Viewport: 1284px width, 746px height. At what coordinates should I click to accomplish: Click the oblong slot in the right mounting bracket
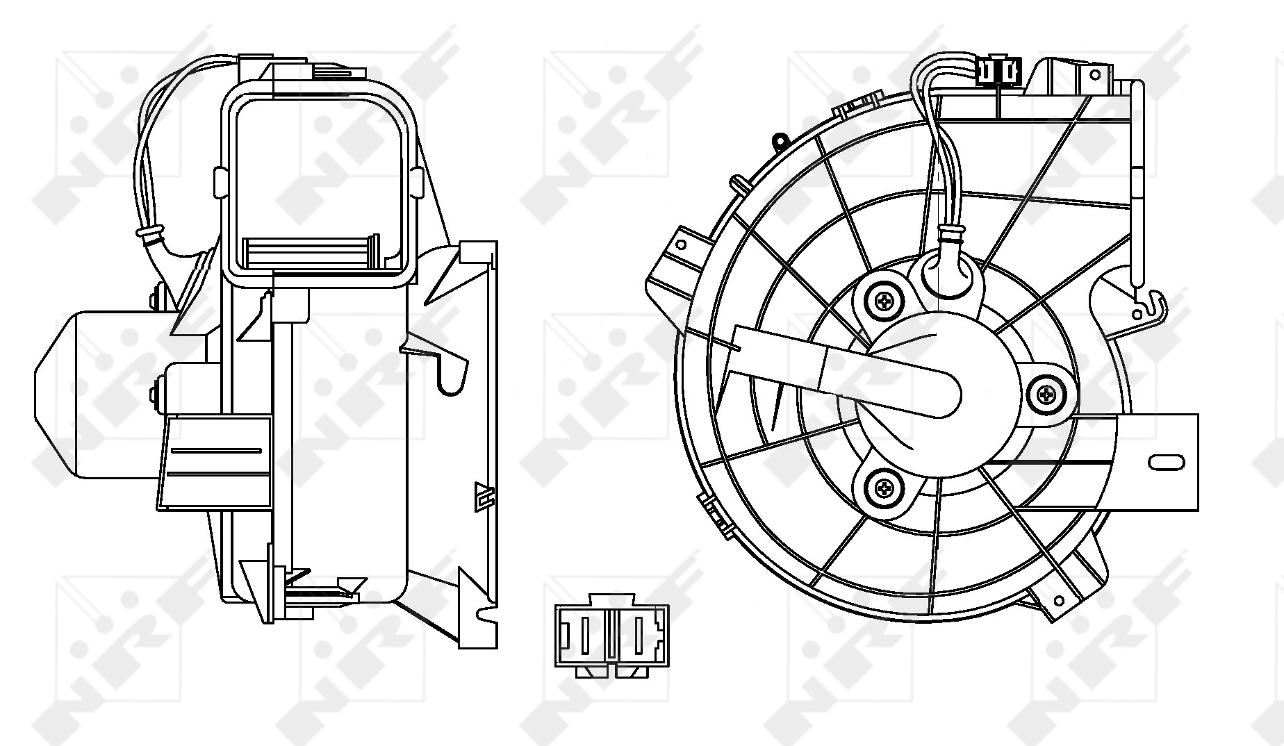tap(1167, 462)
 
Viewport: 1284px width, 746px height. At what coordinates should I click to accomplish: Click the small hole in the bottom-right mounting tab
tap(1059, 601)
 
